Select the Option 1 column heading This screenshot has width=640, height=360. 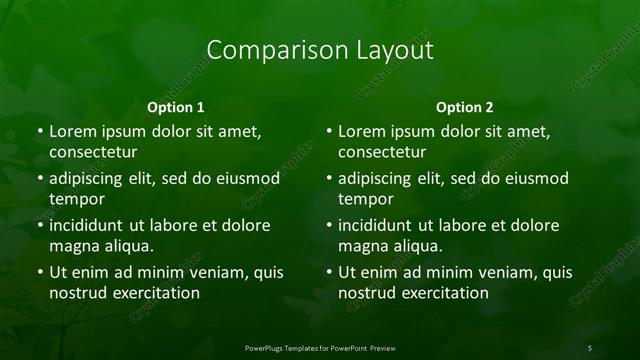point(176,106)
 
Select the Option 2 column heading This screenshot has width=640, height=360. point(465,106)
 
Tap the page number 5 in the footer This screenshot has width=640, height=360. point(590,347)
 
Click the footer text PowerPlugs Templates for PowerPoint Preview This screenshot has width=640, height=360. point(319,347)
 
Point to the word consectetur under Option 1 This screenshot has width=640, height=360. point(93,153)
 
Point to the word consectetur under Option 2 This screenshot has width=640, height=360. point(382,153)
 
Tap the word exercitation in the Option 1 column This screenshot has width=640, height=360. point(156,294)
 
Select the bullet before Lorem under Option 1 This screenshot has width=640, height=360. point(39,131)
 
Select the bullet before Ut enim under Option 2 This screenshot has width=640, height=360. point(328,271)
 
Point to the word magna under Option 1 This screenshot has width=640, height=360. point(72,246)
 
